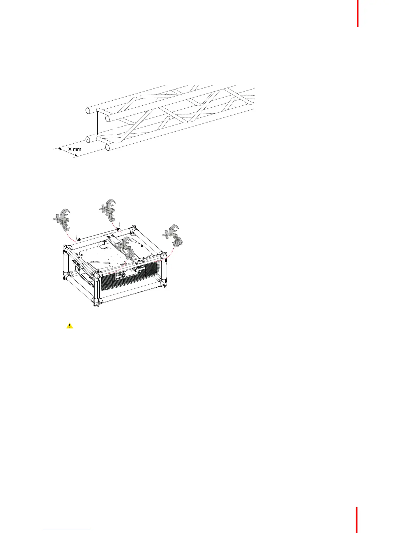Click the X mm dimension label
(74, 149)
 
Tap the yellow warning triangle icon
(69, 326)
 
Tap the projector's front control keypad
(121, 275)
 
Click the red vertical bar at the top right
(357, 13)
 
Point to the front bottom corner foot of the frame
(96, 305)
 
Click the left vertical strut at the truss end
(94, 125)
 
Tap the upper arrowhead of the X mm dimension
(59, 148)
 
